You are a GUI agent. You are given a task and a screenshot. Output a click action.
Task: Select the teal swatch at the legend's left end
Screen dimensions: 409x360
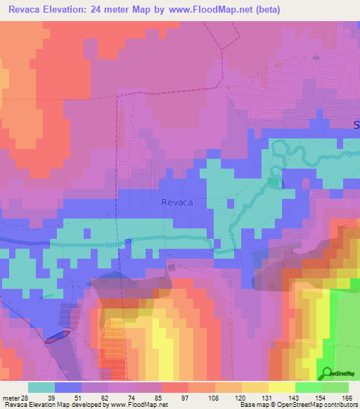pos(41,387)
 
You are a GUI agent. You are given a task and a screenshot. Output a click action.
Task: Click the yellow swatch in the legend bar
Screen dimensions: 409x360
pos(281,387)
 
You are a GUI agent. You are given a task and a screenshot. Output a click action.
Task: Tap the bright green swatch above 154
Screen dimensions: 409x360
pos(309,387)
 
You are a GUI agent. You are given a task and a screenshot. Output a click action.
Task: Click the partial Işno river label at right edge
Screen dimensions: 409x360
pos(352,153)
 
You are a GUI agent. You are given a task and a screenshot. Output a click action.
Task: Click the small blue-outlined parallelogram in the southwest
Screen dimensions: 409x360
pos(58,337)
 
